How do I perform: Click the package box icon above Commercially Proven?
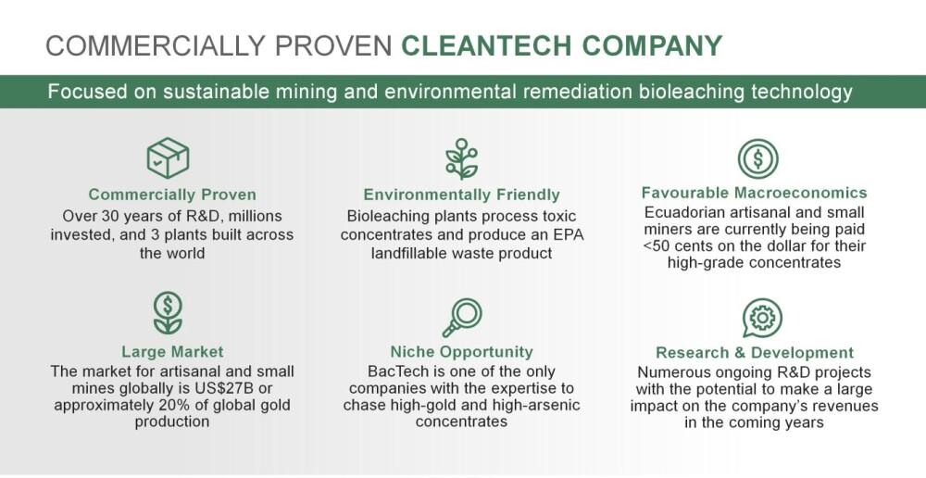[168, 157]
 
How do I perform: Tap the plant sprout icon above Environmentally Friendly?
[461, 159]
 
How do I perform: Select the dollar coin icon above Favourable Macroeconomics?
[757, 158]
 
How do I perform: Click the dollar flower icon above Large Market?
[168, 313]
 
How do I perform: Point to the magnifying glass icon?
[462, 318]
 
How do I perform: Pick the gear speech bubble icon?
[762, 319]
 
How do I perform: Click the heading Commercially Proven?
[172, 195]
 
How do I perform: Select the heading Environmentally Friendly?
[461, 195]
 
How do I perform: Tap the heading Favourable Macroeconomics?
[754, 193]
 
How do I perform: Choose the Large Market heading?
[172, 352]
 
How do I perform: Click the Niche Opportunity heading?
[461, 352]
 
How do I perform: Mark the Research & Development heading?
[755, 353]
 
